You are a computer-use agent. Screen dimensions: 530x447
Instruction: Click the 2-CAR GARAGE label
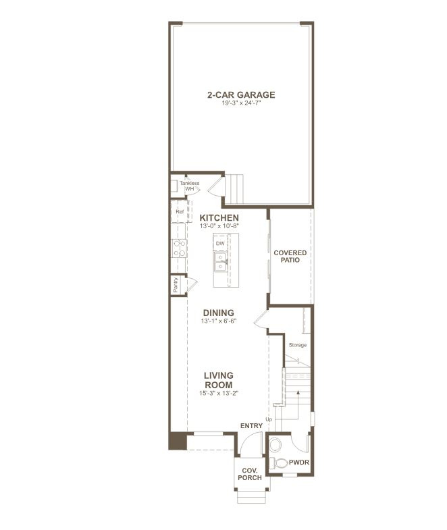click(241, 95)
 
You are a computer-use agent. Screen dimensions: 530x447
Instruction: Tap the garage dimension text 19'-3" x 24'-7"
click(241, 104)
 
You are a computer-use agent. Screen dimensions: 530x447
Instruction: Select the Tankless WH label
click(189, 186)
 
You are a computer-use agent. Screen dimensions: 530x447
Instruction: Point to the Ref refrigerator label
click(180, 212)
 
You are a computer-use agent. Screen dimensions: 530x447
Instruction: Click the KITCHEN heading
click(219, 217)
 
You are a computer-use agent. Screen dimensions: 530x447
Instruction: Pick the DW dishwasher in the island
click(220, 243)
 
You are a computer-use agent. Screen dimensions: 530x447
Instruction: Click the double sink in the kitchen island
click(221, 262)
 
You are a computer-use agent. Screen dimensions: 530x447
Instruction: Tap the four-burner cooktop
click(180, 248)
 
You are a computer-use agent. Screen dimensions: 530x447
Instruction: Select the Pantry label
click(176, 286)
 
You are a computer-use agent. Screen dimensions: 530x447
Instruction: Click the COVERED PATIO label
click(290, 257)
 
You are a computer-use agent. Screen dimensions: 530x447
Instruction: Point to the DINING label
click(219, 313)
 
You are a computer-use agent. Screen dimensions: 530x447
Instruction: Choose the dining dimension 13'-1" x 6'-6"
click(219, 322)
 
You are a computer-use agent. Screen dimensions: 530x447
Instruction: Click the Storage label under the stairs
click(298, 345)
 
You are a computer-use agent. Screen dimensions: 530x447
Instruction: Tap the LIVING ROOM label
click(219, 379)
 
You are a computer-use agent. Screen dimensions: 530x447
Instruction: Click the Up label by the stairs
click(268, 420)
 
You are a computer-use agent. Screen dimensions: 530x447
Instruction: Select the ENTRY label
click(251, 426)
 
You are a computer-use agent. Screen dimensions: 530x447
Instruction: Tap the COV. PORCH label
click(249, 474)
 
